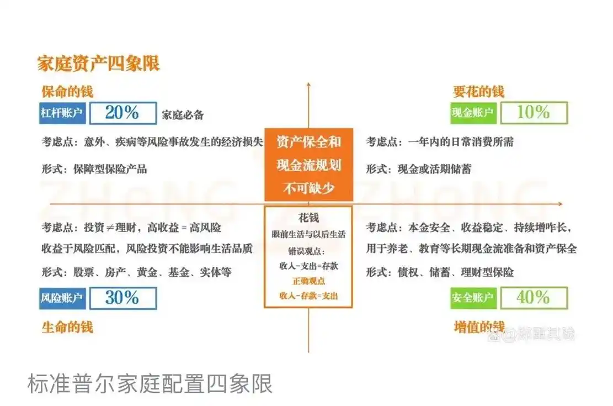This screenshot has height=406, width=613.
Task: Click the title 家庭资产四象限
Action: point(98,63)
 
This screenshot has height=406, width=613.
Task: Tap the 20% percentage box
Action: point(122,113)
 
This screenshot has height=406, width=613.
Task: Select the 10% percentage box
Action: point(534,113)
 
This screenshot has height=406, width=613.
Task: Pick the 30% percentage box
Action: point(122,298)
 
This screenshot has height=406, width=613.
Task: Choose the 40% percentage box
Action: point(534,298)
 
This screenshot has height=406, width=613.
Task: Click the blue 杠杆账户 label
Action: point(62,113)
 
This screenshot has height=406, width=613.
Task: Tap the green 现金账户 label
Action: point(473,113)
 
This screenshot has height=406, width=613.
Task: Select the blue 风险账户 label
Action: point(62,298)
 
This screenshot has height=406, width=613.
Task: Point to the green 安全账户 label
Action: point(473,298)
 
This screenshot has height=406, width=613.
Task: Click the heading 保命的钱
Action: point(67,91)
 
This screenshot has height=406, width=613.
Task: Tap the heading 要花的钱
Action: point(478,91)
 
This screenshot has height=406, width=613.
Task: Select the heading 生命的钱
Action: point(67,327)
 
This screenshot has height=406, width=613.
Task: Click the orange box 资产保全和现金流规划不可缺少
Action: point(308,165)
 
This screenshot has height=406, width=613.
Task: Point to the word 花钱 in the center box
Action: point(308,218)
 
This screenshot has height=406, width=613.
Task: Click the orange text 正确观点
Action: point(308,281)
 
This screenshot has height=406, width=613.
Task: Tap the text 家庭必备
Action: point(183,115)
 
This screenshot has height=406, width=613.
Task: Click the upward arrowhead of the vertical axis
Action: point(308,85)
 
